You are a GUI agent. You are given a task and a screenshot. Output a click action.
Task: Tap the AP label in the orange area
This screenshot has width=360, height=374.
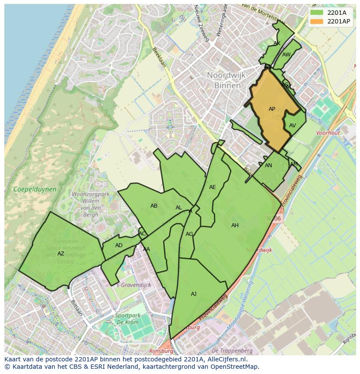point(272,109)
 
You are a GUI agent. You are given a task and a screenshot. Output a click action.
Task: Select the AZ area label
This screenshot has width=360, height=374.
point(61,254)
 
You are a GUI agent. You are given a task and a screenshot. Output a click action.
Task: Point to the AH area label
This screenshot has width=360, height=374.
point(235,225)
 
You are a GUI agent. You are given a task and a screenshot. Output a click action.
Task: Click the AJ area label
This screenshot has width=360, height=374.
point(193,294)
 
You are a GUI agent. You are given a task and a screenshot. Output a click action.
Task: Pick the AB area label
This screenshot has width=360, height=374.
point(154,206)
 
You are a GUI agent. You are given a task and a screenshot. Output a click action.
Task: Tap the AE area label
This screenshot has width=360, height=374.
point(212,187)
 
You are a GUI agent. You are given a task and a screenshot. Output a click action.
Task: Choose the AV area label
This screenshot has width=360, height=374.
point(292,126)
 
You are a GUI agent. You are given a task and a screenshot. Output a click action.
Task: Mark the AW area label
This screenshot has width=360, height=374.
point(286,55)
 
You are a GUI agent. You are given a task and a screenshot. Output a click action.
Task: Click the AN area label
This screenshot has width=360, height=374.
point(268,165)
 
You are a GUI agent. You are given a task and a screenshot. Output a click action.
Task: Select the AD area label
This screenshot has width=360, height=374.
point(119,245)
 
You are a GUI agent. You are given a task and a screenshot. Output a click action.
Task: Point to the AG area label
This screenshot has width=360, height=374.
point(189,234)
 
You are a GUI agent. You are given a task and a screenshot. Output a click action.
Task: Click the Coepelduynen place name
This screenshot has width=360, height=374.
point(35,189)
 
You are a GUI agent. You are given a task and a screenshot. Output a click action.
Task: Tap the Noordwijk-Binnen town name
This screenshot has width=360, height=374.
point(227,80)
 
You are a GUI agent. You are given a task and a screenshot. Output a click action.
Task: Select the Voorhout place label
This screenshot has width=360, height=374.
point(328,133)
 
